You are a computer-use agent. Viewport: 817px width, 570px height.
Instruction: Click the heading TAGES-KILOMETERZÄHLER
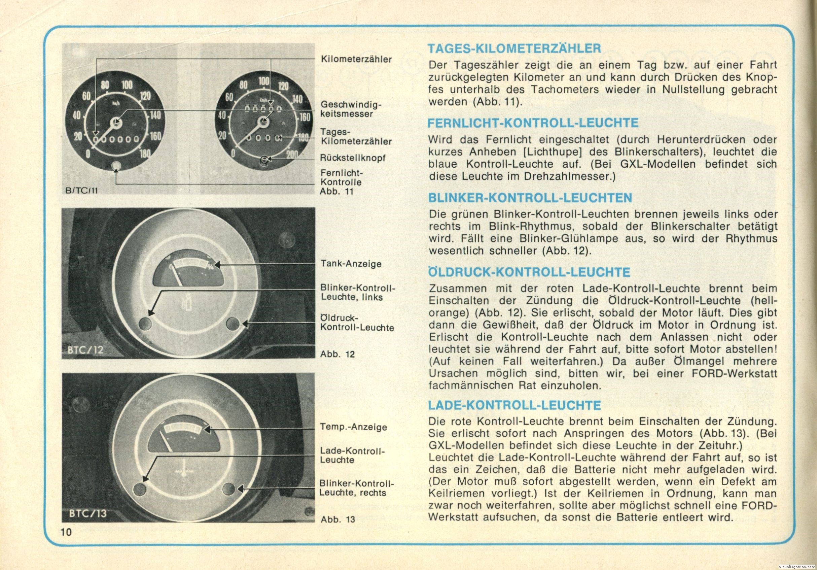click(514, 48)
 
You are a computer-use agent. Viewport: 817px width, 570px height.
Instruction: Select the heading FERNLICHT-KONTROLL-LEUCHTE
click(533, 123)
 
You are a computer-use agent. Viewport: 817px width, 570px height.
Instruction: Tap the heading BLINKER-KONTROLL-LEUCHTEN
click(530, 198)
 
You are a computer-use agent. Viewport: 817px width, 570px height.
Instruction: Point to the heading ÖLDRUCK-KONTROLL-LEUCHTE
click(529, 272)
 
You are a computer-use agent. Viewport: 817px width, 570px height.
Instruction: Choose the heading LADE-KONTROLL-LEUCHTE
click(514, 405)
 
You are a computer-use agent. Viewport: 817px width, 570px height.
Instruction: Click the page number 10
click(66, 532)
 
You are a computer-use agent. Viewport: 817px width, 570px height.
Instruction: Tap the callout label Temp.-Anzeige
click(353, 427)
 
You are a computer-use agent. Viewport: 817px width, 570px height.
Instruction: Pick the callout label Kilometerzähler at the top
click(356, 59)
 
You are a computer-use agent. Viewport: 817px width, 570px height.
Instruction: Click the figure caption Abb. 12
click(338, 354)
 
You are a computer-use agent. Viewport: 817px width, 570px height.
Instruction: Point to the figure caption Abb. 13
click(338, 519)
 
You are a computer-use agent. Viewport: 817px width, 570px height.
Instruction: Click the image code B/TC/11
click(81, 191)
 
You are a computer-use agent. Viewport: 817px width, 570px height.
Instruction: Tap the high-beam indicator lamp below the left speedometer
click(116, 166)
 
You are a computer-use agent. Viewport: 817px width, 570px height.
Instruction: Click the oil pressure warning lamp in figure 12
click(233, 323)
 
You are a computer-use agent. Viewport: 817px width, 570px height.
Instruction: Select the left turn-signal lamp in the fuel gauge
click(145, 323)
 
